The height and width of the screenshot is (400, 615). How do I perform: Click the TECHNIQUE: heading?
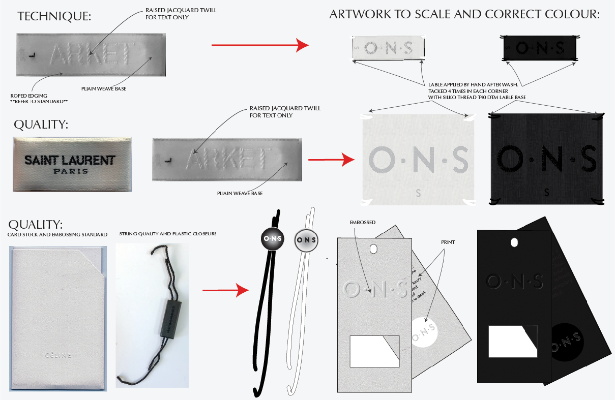pyautogui.click(x=54, y=16)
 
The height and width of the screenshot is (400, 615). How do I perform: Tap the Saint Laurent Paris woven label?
pyautogui.click(x=72, y=164)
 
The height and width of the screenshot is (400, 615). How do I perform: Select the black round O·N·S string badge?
pyautogui.click(x=273, y=239)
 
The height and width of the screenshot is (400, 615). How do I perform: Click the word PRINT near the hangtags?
pyautogui.click(x=448, y=242)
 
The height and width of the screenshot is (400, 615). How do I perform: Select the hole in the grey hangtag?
pyautogui.click(x=374, y=249)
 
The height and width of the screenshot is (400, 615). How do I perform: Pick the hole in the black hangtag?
pyautogui.click(x=514, y=241)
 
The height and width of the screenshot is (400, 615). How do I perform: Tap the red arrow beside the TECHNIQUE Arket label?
pyautogui.click(x=259, y=46)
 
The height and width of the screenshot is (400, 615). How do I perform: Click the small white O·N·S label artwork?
pyautogui.click(x=388, y=48)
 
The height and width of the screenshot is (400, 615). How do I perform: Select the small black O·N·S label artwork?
pyautogui.click(x=539, y=48)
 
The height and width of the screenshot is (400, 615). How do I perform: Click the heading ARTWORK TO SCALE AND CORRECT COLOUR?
pyautogui.click(x=464, y=14)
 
